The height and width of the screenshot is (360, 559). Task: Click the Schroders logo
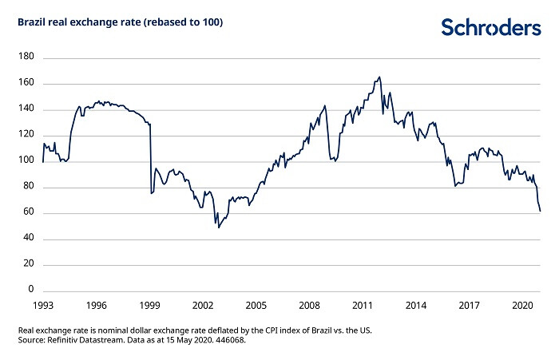click(490, 27)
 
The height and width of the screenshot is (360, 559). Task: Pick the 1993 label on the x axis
click(43, 306)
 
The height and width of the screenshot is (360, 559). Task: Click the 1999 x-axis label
click(149, 306)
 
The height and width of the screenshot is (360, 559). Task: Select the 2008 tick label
click(309, 306)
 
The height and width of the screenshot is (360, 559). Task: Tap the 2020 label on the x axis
click(522, 306)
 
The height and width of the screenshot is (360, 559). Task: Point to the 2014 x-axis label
click(415, 306)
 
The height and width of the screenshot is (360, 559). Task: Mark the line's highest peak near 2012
click(379, 77)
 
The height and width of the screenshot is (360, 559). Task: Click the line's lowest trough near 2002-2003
click(219, 227)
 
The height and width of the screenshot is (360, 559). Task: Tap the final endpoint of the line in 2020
click(541, 212)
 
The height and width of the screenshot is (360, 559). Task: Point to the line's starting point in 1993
click(43, 161)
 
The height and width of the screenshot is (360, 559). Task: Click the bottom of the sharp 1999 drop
click(151, 193)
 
